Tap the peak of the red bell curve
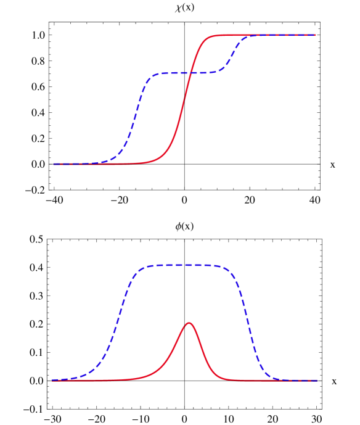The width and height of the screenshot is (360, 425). (x=189, y=323)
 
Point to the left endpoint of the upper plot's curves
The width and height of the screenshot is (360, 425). (x=53, y=163)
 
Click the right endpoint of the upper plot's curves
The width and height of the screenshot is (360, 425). (x=316, y=35)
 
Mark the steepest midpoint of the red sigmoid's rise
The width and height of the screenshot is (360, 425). (x=182, y=111)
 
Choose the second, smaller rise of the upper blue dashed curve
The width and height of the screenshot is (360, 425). (x=233, y=54)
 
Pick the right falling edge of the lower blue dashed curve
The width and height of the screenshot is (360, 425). (x=250, y=321)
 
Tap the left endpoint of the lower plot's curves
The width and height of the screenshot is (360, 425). (x=52, y=380)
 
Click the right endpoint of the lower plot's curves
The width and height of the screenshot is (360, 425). (x=317, y=381)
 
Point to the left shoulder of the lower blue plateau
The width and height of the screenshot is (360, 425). (x=142, y=269)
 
